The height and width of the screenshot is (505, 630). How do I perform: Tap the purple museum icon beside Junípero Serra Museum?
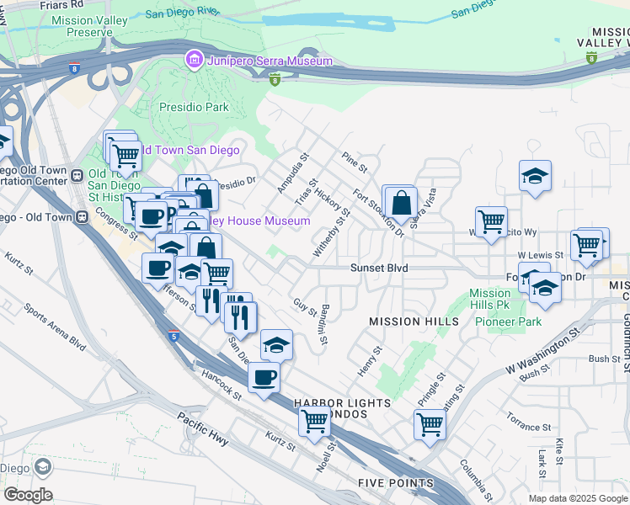(195, 60)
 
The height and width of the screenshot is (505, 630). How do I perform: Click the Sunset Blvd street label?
(379, 268)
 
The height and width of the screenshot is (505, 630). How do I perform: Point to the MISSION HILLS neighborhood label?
(414, 322)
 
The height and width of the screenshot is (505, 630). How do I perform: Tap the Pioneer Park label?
(509, 322)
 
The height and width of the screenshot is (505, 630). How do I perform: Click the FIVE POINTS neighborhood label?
(395, 483)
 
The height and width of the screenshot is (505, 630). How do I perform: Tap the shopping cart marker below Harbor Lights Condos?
(315, 419)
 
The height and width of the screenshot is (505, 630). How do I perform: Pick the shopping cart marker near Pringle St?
(430, 423)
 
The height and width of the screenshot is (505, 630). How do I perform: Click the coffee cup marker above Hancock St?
(264, 376)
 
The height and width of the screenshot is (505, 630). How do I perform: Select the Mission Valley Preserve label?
(81, 25)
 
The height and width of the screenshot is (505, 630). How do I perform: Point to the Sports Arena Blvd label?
(55, 327)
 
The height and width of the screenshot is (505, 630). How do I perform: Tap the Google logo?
(28, 495)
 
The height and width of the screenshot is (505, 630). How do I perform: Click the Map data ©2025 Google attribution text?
(577, 498)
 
